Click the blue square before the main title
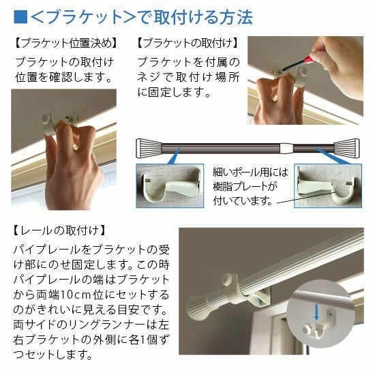pyautogui.click(x=20, y=17)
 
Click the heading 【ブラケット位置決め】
pyautogui.click(x=65, y=43)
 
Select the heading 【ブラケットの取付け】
pyautogui.click(x=188, y=43)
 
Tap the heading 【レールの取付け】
pyautogui.click(x=59, y=230)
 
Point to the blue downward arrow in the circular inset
pyautogui.click(x=316, y=312)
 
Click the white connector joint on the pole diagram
pyautogui.click(x=286, y=148)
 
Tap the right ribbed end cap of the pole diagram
pyautogui.click(x=347, y=148)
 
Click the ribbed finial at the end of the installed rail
pyautogui.click(x=197, y=307)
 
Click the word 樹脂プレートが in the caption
pyautogui.click(x=245, y=186)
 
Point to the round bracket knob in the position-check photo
pyautogui.click(x=47, y=119)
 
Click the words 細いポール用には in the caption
pyautogui.click(x=250, y=172)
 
